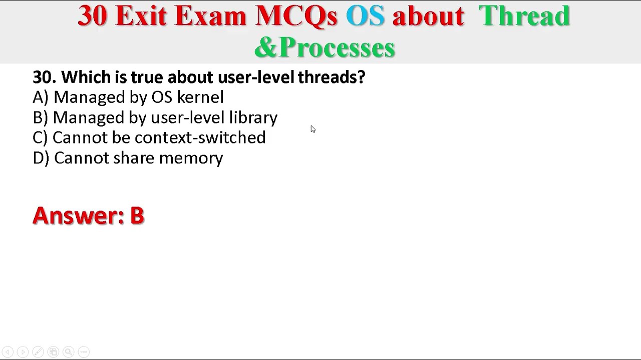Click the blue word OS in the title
(365, 16)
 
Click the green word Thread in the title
(524, 16)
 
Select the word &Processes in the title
(325, 48)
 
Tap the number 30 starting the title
(92, 16)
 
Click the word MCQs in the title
(296, 16)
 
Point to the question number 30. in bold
(44, 77)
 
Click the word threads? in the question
(331, 77)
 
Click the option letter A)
(40, 97)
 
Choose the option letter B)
(40, 117)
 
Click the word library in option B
(253, 118)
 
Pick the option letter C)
(40, 137)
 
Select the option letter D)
(41, 158)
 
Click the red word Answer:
(78, 215)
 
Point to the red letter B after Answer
(137, 215)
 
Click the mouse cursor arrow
(312, 129)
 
